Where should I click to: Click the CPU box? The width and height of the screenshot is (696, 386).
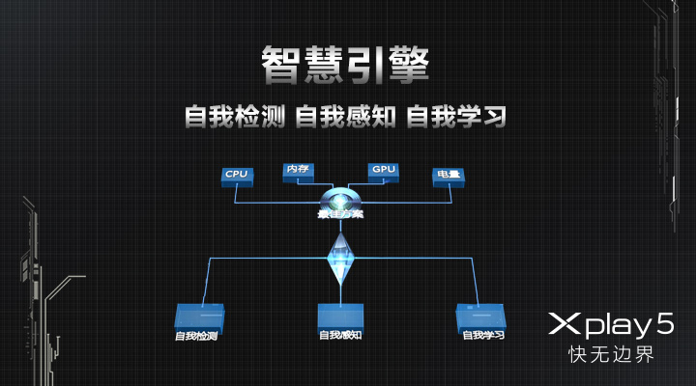[237, 175]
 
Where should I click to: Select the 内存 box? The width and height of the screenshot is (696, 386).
[297, 170]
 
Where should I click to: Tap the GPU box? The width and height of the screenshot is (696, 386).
[383, 170]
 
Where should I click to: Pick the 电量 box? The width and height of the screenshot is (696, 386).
[449, 176]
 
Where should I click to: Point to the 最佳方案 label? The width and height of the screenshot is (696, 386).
[340, 213]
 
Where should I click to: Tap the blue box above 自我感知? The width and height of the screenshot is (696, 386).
[340, 315]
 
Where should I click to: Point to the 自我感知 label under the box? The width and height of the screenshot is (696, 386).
[340, 335]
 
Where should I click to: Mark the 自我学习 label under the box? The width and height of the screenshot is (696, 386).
[483, 335]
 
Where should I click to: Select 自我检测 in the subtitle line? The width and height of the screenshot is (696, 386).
[235, 117]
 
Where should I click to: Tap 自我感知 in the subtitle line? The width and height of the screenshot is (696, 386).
[345, 117]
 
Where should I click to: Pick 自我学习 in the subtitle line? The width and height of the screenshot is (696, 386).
[456, 117]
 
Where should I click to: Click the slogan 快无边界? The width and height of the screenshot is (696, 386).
[610, 354]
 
